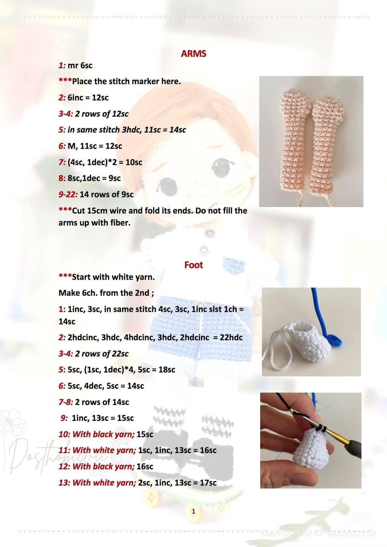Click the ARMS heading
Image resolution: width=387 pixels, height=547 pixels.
click(x=193, y=54)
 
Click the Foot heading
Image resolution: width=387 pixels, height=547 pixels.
click(x=193, y=265)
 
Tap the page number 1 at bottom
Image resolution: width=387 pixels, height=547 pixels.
click(x=193, y=511)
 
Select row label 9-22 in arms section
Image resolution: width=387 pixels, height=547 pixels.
click(x=68, y=195)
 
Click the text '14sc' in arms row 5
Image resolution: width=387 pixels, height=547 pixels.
click(x=178, y=130)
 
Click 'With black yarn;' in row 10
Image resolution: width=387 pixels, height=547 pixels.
click(x=103, y=434)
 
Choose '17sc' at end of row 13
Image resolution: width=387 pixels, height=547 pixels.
click(x=208, y=483)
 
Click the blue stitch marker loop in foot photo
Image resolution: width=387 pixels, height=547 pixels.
click(x=333, y=340)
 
